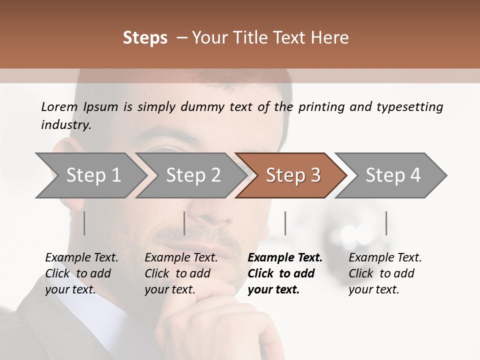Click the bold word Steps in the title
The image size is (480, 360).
tap(145, 38)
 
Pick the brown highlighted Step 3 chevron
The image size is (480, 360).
tap(293, 175)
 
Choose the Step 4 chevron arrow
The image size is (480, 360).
tap(393, 175)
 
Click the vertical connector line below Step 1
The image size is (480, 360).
tap(84, 223)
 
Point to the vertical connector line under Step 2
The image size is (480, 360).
tap(184, 223)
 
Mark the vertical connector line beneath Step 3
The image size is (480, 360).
tap(285, 223)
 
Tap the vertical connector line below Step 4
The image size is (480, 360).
tap(386, 223)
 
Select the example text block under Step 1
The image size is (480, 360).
tap(81, 273)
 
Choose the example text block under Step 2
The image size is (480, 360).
tap(181, 273)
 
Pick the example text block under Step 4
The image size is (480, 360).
tap(385, 273)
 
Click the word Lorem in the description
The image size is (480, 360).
tap(59, 106)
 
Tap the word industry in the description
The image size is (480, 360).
tap(66, 125)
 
